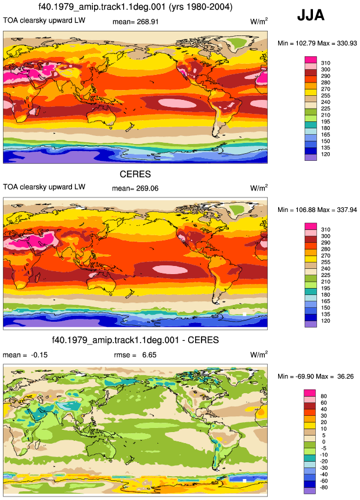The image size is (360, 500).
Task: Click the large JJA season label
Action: click(311, 15)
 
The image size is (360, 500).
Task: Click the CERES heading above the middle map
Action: click(135, 174)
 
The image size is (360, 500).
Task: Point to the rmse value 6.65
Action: click(149, 355)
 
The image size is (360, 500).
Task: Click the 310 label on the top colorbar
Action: click(326, 63)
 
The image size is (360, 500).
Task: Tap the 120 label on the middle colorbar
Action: click(326, 321)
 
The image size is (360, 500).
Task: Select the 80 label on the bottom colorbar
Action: click(323, 396)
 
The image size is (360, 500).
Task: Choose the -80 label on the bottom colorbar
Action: click(323, 487)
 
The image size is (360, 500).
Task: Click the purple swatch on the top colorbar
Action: click(311, 157)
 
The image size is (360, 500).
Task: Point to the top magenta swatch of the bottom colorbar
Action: click(309, 393)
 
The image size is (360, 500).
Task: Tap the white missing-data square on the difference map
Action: click(244, 481)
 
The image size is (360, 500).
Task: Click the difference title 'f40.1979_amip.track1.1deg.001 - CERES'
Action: click(135, 340)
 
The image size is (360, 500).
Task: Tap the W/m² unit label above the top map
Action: click(259, 21)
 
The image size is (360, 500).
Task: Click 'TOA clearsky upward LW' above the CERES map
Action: click(44, 187)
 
